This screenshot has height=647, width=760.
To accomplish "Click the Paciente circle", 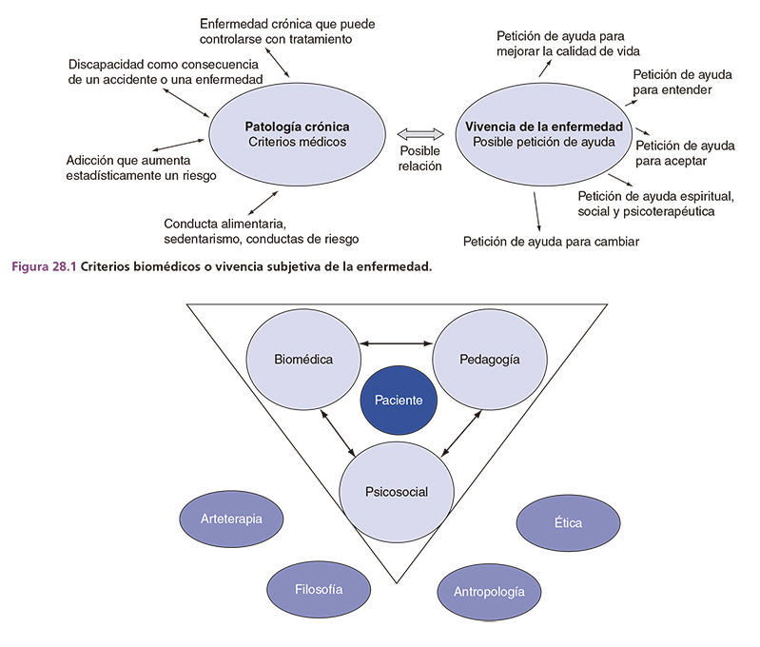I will pyautogui.click(x=399, y=401).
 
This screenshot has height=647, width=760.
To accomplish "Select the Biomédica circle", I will pyautogui.click(x=303, y=360).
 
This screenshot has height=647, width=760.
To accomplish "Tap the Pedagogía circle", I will pyautogui.click(x=488, y=360).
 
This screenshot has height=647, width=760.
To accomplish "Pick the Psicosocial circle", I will pyautogui.click(x=396, y=492).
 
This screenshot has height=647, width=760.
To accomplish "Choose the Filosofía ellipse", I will pyautogui.click(x=318, y=587).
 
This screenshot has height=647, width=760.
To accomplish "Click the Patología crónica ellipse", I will pyautogui.click(x=297, y=134).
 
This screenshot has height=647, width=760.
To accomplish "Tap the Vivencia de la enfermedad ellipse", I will pyautogui.click(x=543, y=134).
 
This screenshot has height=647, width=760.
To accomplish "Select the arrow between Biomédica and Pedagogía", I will pyautogui.click(x=396, y=343).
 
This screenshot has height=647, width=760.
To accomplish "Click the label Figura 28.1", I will pyautogui.click(x=44, y=267).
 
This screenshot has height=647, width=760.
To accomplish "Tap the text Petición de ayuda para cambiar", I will pyautogui.click(x=551, y=241).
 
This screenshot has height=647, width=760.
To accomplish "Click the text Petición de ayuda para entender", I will pyautogui.click(x=684, y=83).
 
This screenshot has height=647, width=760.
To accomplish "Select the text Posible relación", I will pyautogui.click(x=419, y=158).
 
